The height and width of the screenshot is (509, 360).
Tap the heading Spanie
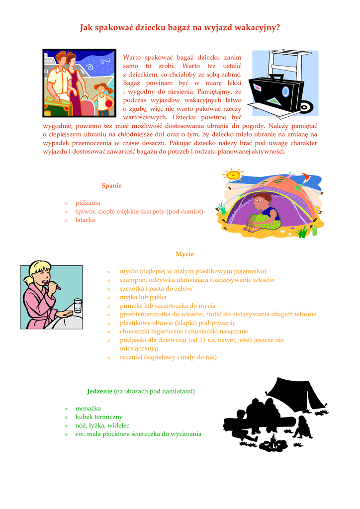pos(111,185)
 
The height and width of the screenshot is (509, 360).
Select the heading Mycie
pos(184,254)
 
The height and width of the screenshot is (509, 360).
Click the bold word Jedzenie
pos(99,391)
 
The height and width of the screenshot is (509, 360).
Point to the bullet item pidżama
pos(88,203)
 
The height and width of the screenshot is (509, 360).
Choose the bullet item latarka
pos(85,220)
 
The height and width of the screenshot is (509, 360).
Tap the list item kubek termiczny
pos(99,417)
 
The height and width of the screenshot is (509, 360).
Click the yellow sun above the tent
pos(233,174)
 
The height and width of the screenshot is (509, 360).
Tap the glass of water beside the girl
pos(78,305)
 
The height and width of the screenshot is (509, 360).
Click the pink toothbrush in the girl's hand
pos(54,285)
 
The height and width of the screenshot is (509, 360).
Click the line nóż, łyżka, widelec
pos(102,425)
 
